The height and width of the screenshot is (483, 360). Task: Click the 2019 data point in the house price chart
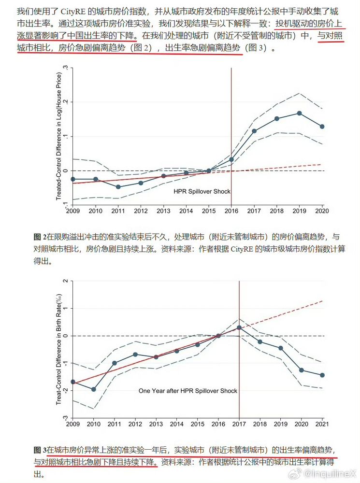click(300, 113)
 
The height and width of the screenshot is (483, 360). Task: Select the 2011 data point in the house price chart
click(118, 186)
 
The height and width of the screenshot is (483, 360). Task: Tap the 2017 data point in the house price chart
click(254, 131)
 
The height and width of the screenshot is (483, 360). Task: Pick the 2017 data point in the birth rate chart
click(239, 327)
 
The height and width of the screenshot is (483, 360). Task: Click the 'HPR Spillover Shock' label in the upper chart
click(202, 191)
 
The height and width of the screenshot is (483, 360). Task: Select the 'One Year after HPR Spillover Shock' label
click(188, 390)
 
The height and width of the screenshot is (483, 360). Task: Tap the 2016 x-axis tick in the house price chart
click(231, 211)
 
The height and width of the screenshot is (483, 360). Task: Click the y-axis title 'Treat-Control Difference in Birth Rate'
click(59, 348)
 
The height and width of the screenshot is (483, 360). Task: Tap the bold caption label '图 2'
click(40, 237)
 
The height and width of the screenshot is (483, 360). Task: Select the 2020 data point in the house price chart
click(322, 127)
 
